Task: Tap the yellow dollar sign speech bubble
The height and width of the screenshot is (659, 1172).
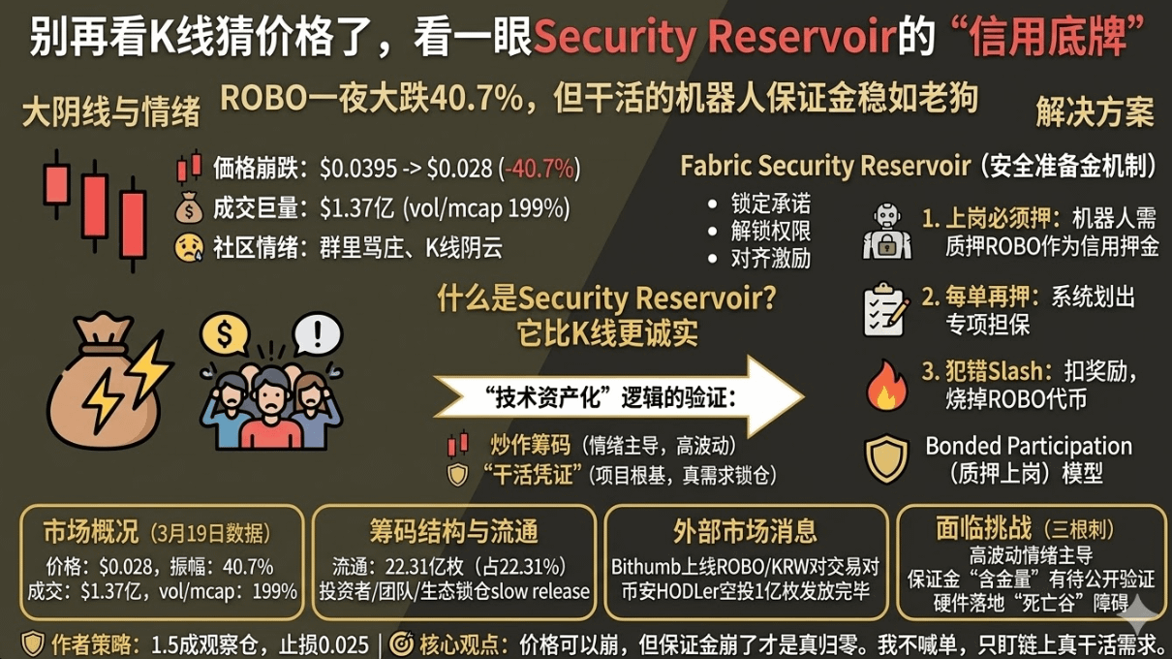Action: tap(226, 335)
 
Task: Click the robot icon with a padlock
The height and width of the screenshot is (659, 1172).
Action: tap(886, 232)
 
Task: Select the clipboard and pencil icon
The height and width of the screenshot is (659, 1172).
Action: tap(886, 309)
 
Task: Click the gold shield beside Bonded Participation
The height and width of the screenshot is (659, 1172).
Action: tap(886, 459)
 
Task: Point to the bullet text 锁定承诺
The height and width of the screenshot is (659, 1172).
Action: tap(771, 204)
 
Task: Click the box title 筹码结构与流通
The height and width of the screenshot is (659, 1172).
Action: tap(454, 531)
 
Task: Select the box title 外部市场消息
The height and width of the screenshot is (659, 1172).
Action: tap(746, 531)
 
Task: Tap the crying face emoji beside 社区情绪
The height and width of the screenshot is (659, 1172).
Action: tap(188, 248)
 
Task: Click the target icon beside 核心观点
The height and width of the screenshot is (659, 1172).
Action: tap(403, 643)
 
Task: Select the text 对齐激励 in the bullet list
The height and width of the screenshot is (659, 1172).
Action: tap(771, 259)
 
